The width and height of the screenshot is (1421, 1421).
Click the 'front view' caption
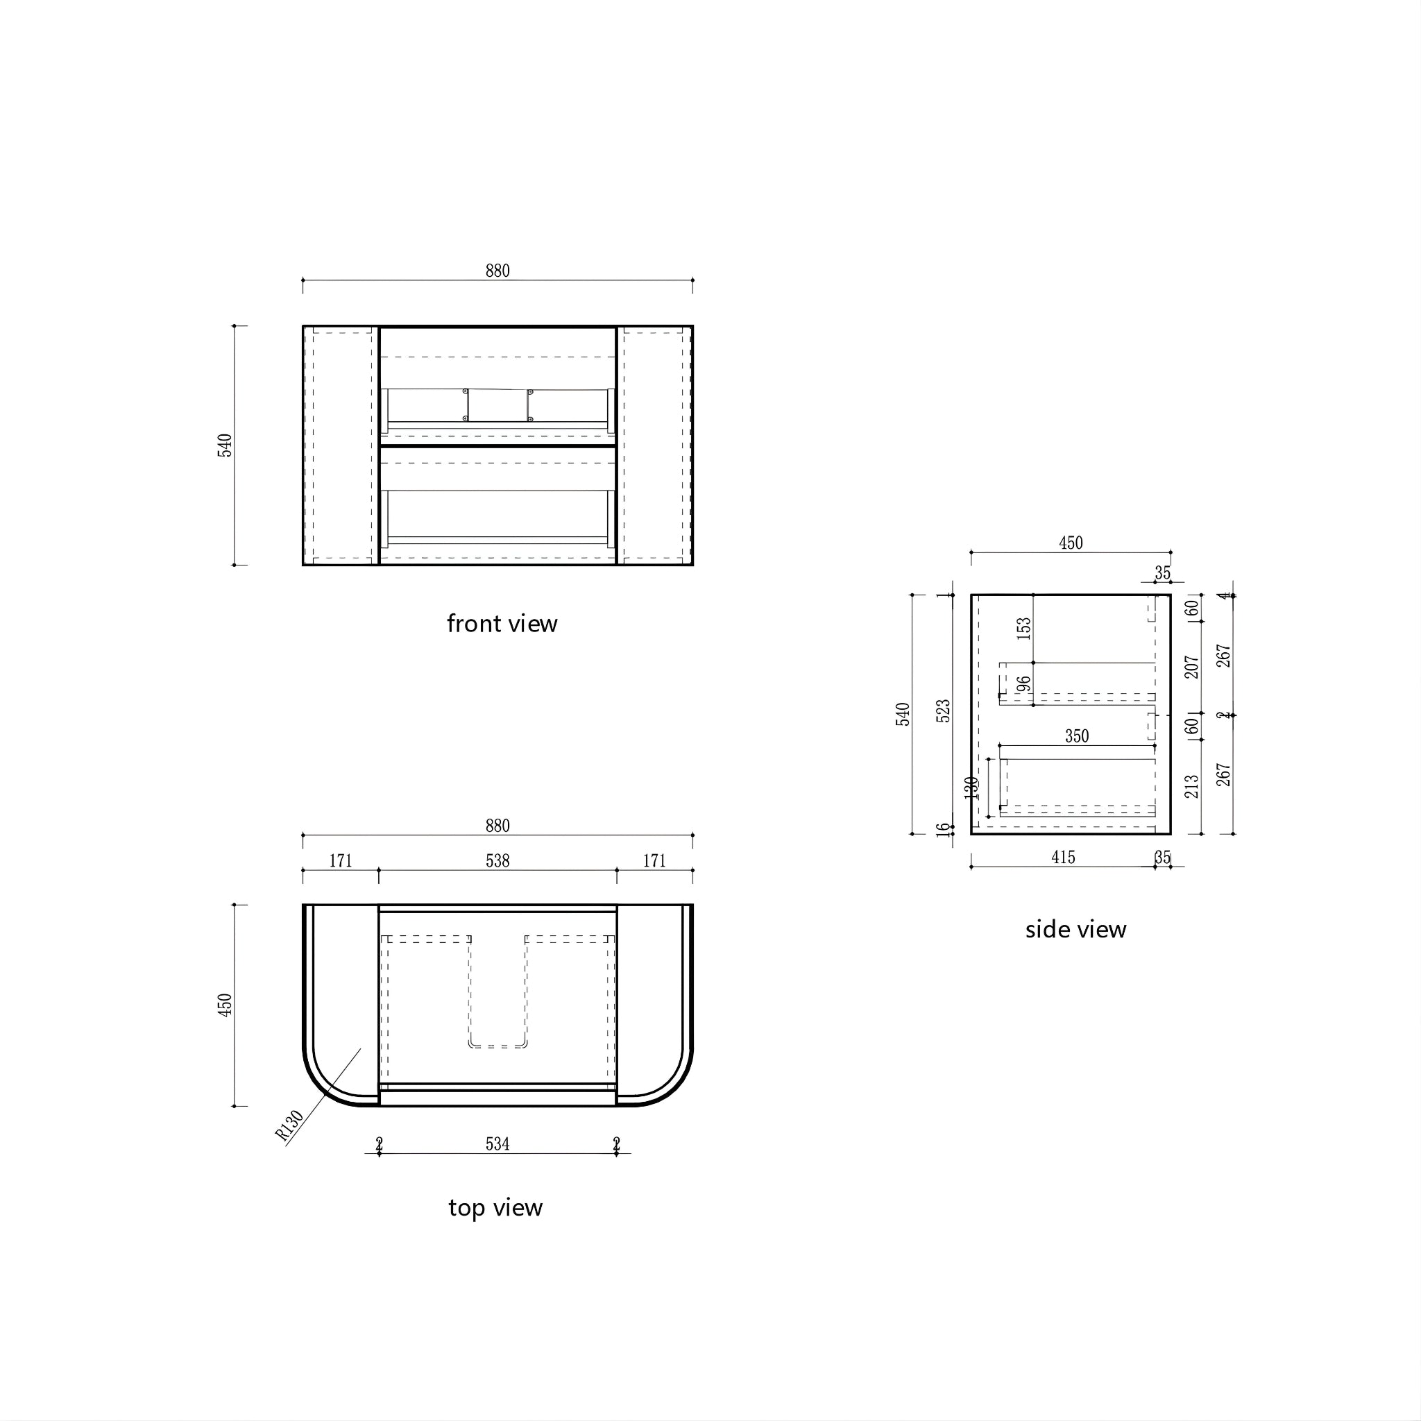coord(502,624)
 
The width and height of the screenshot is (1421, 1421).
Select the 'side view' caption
coord(1075,930)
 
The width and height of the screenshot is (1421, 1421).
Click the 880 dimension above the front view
coord(497,271)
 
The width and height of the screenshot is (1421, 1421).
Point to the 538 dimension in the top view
coord(497,860)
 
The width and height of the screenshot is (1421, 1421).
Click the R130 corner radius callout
coord(289,1126)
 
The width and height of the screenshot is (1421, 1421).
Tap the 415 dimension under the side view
coord(1063,858)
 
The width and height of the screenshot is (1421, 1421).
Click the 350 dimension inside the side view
coord(1077,736)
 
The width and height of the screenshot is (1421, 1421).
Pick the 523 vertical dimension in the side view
coord(944,710)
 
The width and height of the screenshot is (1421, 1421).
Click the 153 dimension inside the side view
coord(1024,628)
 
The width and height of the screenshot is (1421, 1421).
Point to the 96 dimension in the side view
coord(1024,684)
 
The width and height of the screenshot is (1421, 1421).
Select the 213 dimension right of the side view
coord(1191,787)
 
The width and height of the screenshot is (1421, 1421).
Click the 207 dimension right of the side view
coord(1191,667)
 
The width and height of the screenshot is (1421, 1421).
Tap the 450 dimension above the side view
coord(1070,543)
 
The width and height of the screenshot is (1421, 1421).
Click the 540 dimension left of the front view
coord(224,445)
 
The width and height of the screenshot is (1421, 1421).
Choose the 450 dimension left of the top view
coord(224,1005)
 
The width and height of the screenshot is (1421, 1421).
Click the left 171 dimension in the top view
coord(341,860)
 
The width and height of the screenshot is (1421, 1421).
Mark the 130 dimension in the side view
coord(971,788)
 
